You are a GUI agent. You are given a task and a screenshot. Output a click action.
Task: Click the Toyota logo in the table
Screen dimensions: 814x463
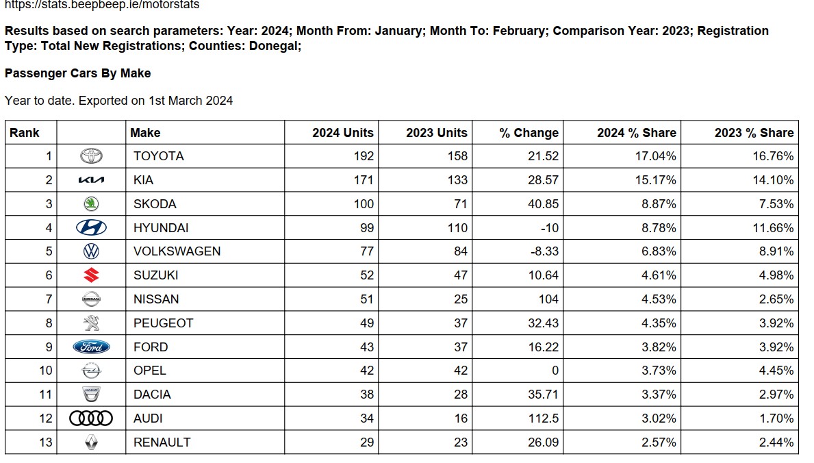(91, 156)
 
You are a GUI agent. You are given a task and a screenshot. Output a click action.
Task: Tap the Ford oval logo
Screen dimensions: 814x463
(91, 347)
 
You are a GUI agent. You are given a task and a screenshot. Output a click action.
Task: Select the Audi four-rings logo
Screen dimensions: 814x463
(91, 418)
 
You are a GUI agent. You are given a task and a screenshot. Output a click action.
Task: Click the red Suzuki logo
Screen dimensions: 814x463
(91, 275)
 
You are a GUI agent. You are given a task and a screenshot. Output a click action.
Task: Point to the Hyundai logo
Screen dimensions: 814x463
(91, 227)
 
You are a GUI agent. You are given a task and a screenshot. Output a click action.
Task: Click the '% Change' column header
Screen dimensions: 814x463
(529, 133)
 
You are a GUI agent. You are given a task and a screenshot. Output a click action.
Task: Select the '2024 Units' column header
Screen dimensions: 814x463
(342, 133)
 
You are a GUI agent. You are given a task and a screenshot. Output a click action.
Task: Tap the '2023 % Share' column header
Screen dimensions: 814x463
(754, 133)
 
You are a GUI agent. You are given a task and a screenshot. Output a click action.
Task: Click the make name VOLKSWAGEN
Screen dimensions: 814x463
(177, 251)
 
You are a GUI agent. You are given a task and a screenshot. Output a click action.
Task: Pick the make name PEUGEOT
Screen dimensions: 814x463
(163, 323)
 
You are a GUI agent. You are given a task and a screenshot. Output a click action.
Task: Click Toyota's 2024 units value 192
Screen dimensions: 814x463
(364, 156)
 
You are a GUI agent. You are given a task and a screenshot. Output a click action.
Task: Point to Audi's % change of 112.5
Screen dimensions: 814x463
(544, 418)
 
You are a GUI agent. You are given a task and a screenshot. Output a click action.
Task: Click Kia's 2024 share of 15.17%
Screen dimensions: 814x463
(656, 180)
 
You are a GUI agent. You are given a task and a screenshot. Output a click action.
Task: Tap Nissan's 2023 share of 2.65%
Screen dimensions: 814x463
(776, 299)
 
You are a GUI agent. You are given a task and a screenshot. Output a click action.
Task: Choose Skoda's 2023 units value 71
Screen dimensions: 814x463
(461, 203)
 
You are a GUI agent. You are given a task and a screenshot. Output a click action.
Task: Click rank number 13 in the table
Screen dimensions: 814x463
(46, 442)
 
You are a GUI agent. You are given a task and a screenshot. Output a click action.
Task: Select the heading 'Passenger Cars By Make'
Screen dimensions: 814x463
(78, 73)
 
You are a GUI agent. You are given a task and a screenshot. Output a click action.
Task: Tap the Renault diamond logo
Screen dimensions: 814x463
(91, 442)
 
